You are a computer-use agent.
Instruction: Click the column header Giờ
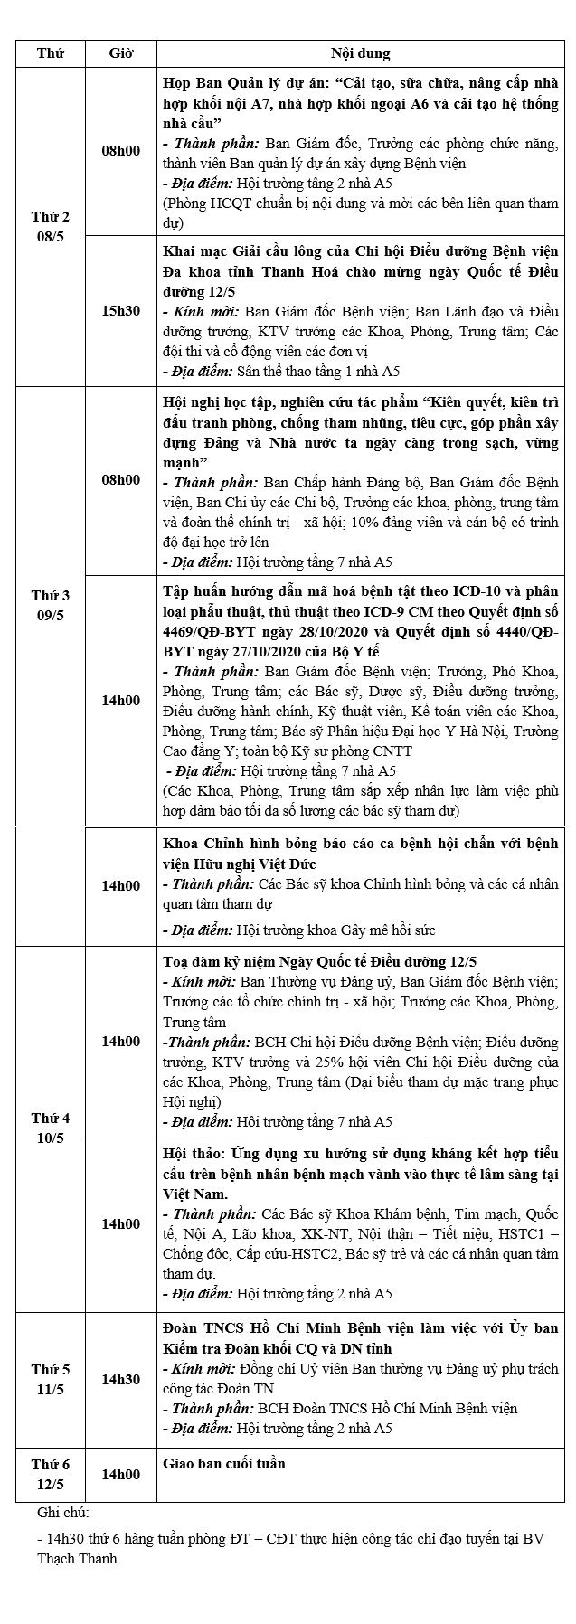coord(120,53)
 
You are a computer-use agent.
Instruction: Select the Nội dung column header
coord(360,53)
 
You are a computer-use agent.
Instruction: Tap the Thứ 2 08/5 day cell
coord(51,227)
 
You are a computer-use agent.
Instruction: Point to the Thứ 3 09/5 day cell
coord(51,605)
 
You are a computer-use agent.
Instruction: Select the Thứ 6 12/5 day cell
coord(51,1475)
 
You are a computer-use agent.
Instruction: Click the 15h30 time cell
coord(120,310)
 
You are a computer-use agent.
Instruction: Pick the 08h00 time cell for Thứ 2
coord(120,150)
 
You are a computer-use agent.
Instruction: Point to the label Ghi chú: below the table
coord(63,1512)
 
